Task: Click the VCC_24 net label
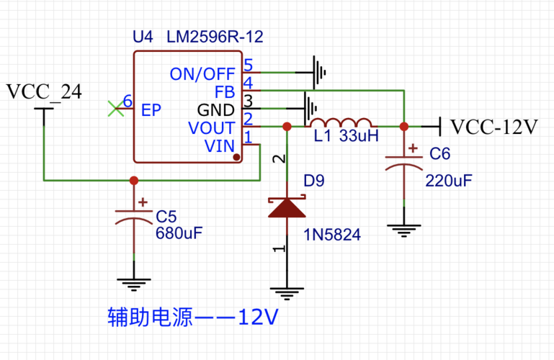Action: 43,92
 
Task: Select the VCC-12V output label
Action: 494,127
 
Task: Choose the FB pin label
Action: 225,92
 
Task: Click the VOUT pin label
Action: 211,128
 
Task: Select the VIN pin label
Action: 220,146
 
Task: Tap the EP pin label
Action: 151,110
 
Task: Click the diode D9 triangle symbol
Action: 287,208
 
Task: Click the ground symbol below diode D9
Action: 287,292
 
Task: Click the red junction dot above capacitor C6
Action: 403,127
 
